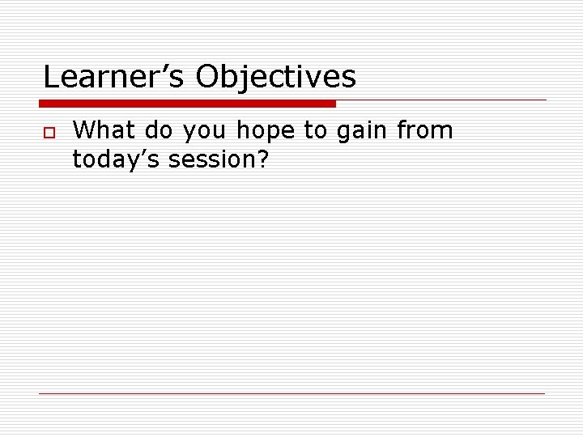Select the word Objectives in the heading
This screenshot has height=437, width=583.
[275, 78]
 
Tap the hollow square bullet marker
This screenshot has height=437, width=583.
[48, 133]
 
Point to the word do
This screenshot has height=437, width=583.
[160, 130]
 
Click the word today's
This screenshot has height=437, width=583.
[117, 160]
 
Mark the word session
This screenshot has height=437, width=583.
[211, 160]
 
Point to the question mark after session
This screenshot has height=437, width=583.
[262, 159]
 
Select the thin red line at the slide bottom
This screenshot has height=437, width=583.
[291, 393]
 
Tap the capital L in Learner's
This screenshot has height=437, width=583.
[52, 78]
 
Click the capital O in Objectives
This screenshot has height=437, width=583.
[208, 78]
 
